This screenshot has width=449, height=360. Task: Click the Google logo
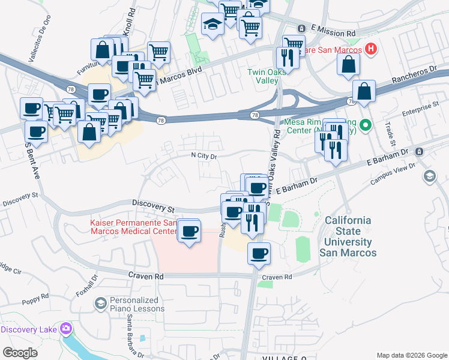tap(20, 353)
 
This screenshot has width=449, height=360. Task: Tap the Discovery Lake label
tap(29, 329)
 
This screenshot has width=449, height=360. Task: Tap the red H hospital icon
tap(371, 49)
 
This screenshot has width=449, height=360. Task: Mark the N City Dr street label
tap(203, 156)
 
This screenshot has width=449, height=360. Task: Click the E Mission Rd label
tap(334, 29)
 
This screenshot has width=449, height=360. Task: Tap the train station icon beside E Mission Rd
tap(301, 29)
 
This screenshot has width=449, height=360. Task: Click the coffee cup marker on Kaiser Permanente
tap(190, 230)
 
